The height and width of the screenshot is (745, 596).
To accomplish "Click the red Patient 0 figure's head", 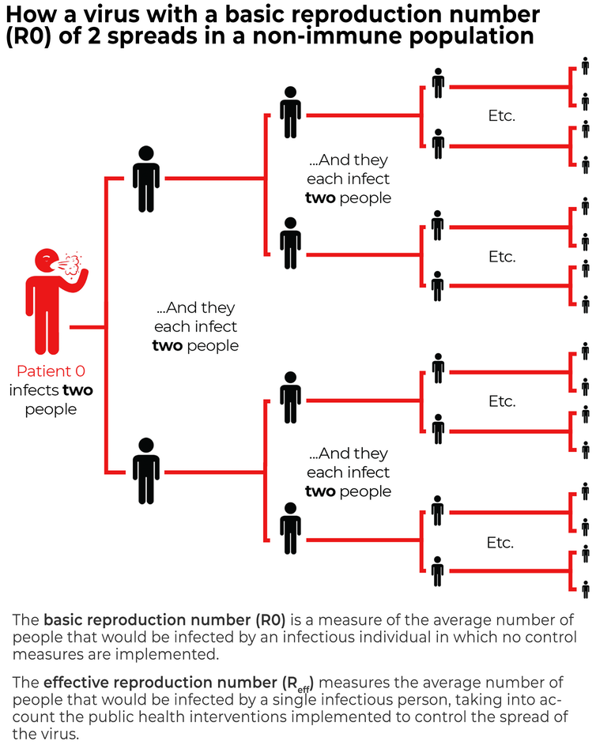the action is tap(47, 261).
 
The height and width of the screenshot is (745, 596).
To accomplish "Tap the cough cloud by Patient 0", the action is tap(72, 264).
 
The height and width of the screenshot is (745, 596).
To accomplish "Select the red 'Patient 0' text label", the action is tap(51, 371).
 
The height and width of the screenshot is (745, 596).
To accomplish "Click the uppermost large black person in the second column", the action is tap(146, 179).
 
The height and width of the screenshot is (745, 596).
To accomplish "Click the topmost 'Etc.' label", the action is tap(501, 115).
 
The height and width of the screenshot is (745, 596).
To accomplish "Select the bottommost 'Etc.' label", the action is tap(500, 542).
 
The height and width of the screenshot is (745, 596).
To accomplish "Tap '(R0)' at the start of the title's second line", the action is tap(28, 36).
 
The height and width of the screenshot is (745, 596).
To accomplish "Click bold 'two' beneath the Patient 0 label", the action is tap(77, 390).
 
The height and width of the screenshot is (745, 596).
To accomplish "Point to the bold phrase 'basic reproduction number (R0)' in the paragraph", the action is tap(164, 619).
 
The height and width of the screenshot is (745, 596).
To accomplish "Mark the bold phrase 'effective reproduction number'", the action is tap(160, 683).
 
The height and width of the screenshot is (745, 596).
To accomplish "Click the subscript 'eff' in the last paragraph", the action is tap(304, 689).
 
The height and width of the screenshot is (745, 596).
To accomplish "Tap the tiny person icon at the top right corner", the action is tap(585, 66).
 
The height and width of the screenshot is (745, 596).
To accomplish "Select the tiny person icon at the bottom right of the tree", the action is tap(585, 589).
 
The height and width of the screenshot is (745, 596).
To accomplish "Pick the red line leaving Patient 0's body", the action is tap(87, 327).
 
